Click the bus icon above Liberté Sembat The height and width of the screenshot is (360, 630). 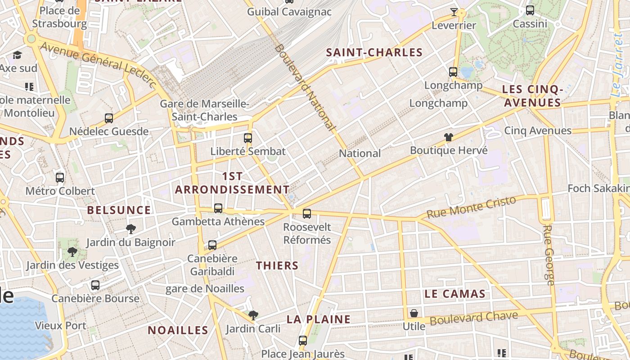(248, 138)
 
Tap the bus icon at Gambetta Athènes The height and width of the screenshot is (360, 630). (218, 208)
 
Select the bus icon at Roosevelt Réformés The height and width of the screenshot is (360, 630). (307, 213)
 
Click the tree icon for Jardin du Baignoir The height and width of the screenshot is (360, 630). (131, 229)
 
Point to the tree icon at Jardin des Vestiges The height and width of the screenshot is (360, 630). (72, 252)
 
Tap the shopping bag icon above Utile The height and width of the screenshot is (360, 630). (414, 313)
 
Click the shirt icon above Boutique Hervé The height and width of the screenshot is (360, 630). (449, 137)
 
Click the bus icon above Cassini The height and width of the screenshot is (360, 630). (530, 10)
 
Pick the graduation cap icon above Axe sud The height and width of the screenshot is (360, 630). (17, 55)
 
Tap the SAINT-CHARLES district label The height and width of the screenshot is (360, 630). (374, 53)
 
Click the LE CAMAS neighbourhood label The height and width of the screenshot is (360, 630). (455, 294)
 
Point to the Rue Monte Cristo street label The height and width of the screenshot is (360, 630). (471, 207)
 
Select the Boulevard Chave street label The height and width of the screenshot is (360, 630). (474, 318)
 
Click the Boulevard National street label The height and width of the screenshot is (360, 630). (306, 87)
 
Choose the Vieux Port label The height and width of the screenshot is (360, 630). (60, 325)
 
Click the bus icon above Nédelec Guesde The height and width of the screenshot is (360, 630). (109, 118)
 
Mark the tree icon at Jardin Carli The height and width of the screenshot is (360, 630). (253, 315)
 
